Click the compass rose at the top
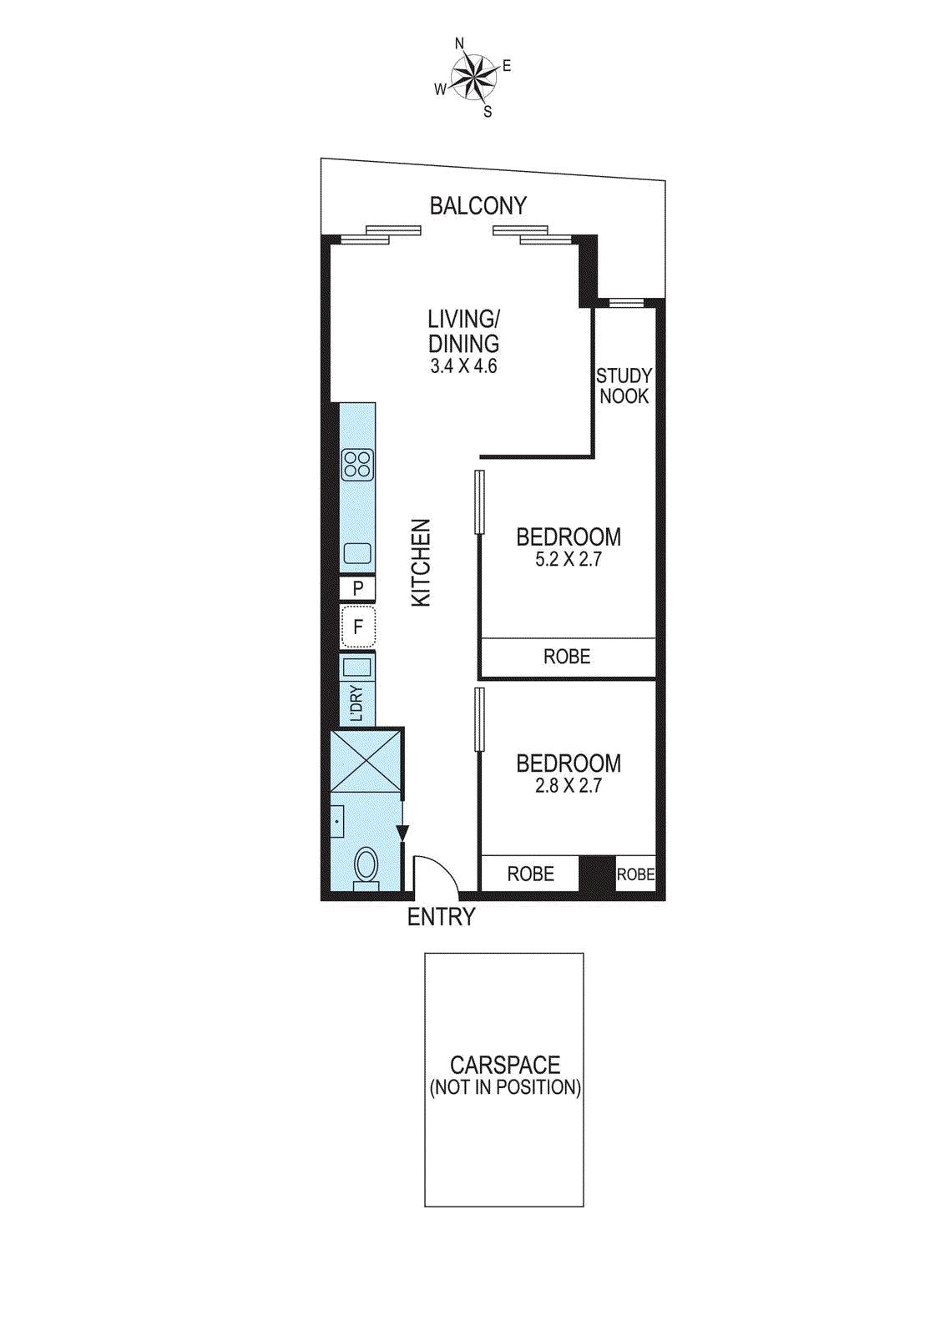pos(473,78)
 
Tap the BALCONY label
pos(478,206)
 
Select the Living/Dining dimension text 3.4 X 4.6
pos(463,366)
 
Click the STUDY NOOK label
pos(624,386)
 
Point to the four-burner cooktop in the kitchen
pos(357,465)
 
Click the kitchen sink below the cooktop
pos(357,553)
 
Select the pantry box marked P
pos(357,588)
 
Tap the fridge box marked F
pos(358,627)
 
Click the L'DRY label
pos(357,703)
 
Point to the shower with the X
pos(366,760)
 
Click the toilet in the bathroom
pos(366,865)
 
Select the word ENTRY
pos(441,917)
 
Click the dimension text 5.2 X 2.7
pos(569,560)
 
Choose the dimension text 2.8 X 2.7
pos(569,786)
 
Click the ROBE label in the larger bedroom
pos(567,657)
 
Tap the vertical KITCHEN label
pos(422,562)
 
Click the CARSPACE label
pos(505,1065)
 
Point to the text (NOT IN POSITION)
pos(505,1088)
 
